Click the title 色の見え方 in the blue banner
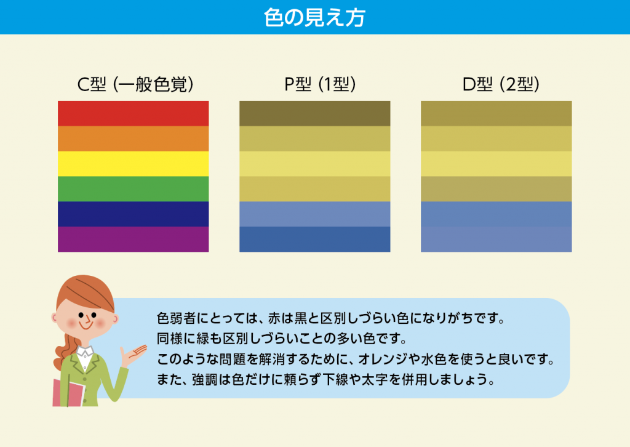pos(314,18)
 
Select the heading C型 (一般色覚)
pos(135,84)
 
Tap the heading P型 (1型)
pos(320,84)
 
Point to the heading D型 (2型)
pos(501,84)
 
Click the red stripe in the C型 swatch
pos(133,114)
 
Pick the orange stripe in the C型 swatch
pos(133,139)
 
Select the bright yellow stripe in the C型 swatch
pos(133,164)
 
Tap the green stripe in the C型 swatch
pos(133,189)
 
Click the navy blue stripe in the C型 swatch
pos(133,214)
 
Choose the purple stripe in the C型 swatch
pos(133,239)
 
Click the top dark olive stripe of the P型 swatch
pos(314,114)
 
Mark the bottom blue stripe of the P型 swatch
pos(314,239)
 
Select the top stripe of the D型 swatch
pos(496,114)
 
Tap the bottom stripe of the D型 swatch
pos(496,239)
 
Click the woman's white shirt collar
pos(85,352)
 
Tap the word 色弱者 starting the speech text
pos(176,318)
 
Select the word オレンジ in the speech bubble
pos(383,359)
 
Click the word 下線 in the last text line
pos(335,379)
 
